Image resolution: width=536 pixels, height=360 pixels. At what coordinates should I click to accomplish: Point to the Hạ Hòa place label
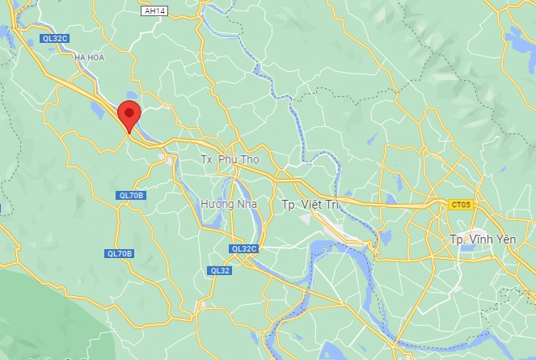[91, 57]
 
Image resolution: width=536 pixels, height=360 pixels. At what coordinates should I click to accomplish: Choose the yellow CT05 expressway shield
[460, 205]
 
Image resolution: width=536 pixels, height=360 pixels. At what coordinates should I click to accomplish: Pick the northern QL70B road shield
[130, 195]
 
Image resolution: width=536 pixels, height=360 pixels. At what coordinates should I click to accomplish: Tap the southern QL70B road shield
[119, 253]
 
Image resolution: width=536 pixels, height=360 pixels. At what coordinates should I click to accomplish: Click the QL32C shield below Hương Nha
[243, 248]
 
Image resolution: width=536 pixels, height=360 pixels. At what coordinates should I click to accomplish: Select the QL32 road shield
[219, 270]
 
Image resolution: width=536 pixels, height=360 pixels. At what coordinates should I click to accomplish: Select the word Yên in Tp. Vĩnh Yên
[506, 239]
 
